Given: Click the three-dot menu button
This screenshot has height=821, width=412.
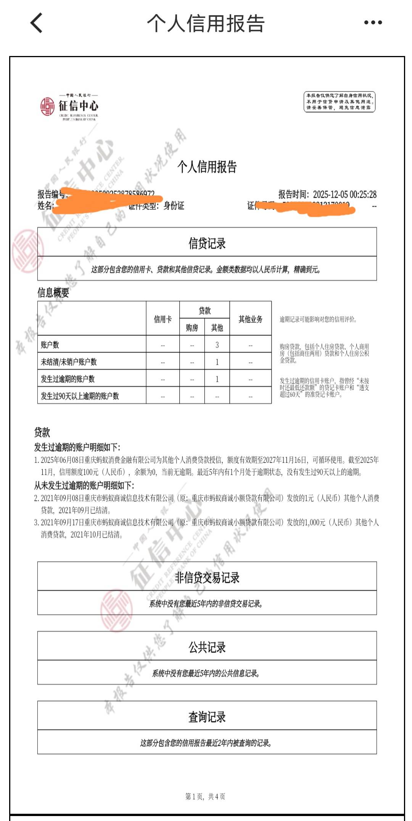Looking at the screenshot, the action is tap(373, 23).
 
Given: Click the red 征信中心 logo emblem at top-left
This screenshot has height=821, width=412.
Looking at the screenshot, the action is tap(48, 106).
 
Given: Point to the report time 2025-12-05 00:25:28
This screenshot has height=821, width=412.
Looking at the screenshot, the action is tap(344, 195).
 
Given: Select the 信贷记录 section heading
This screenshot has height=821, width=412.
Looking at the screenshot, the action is tap(207, 243).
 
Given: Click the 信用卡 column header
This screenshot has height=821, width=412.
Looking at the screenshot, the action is tap(163, 319).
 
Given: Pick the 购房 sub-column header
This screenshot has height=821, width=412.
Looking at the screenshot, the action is tap(192, 328).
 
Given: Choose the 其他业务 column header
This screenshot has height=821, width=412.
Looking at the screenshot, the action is tap(250, 319).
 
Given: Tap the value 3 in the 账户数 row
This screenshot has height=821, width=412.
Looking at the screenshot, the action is tap(217, 345).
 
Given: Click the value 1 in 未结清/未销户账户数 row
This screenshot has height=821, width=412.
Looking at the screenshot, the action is tap(217, 362).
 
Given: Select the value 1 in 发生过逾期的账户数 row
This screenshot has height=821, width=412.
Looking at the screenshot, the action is tap(217, 379).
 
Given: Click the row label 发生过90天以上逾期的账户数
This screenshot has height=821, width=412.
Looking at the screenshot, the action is tap(80, 396).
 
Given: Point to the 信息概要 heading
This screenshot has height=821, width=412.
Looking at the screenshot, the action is tap(53, 293).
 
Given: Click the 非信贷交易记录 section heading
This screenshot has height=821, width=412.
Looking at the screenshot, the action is tap(207, 578).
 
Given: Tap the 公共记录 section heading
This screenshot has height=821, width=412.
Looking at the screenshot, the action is tap(207, 647).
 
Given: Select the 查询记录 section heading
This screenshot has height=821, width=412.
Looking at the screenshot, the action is tap(207, 717).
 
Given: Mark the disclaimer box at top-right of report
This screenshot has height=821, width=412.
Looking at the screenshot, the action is tap(339, 102).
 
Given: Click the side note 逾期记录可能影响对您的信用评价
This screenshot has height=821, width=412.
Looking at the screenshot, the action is tap(318, 319).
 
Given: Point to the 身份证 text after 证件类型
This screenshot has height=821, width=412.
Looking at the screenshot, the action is tap(174, 206).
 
